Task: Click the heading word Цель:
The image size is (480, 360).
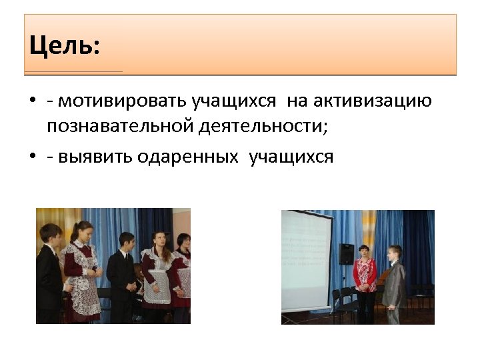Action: [64, 46]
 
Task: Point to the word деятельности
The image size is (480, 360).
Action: [264, 125]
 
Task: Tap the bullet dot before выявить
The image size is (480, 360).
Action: [32, 157]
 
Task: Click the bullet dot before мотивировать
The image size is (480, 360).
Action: [32, 102]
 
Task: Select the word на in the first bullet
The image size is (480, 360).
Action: [297, 101]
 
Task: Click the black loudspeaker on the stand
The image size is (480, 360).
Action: [346, 253]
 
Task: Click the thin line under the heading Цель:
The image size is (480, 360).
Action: [73, 71]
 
